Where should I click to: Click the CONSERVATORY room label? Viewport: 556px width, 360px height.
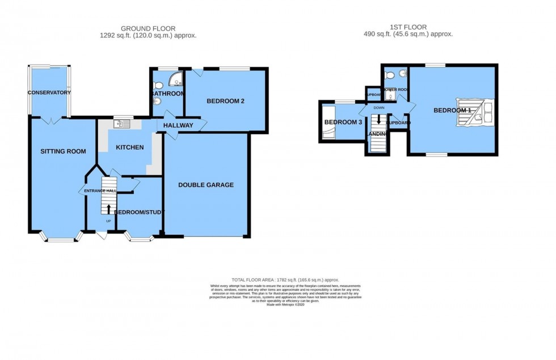point(49,92)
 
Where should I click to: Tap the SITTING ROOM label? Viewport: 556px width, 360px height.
point(63,151)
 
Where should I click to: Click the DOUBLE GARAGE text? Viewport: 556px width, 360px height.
point(206,185)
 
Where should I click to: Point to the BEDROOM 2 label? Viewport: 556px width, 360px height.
point(225,101)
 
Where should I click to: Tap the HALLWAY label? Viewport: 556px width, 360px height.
point(178,125)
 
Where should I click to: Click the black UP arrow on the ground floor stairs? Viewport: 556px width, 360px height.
point(108,209)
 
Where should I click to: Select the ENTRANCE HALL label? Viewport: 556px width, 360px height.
point(97,191)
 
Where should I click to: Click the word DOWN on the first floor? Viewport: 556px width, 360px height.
point(379,108)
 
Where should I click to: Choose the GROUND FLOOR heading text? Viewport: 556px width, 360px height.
point(148,28)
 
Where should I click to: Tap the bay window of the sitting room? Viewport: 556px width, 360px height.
point(60,239)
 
